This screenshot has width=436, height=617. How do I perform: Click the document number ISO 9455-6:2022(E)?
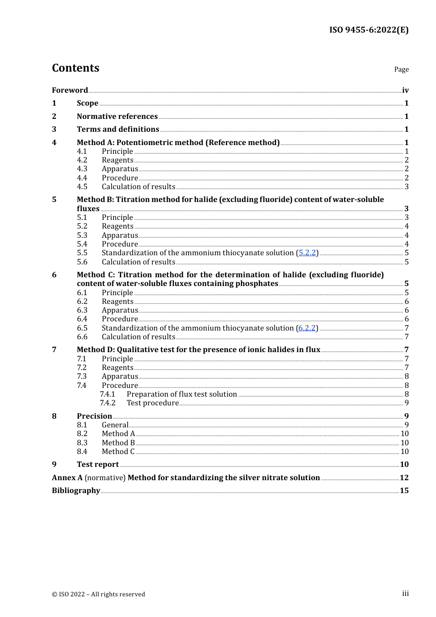[x=369, y=30]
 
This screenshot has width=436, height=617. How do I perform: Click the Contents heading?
[x=75, y=68]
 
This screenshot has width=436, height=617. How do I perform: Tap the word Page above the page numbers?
[x=401, y=69]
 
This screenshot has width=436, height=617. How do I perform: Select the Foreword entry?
[x=70, y=90]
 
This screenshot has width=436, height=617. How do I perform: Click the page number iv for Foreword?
[x=405, y=90]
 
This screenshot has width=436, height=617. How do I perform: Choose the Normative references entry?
[x=117, y=117]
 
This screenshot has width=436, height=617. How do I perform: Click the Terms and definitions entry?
[x=118, y=129]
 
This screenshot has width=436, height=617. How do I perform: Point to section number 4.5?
[x=82, y=187]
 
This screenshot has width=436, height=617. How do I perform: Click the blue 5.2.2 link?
[x=307, y=253]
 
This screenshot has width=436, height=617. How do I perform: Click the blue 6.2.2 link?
[x=307, y=328]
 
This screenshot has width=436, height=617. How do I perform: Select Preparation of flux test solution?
[x=182, y=394]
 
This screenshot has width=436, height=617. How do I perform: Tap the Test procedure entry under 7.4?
[x=152, y=403]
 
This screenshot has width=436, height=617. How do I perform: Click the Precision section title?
[x=94, y=416]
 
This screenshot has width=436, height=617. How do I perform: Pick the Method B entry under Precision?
[x=118, y=443]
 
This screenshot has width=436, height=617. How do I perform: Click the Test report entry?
[x=98, y=465]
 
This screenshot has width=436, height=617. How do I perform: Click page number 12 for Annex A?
[x=404, y=478]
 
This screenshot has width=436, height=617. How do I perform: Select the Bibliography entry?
[x=76, y=491]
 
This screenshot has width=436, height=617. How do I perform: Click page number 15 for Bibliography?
[x=404, y=491]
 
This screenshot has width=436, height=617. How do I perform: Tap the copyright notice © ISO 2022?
[x=98, y=595]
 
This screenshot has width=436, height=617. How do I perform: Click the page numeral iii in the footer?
[x=405, y=594]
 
